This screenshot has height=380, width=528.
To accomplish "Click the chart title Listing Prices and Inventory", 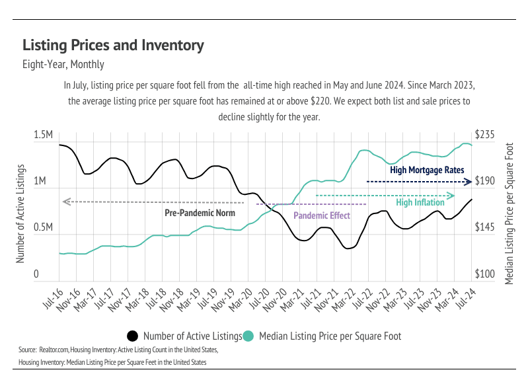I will (113, 46).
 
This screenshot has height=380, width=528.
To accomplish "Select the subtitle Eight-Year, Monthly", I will (63, 65).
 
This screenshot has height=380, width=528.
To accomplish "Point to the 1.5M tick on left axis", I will (43, 135).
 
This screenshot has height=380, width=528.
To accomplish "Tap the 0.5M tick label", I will (43, 228).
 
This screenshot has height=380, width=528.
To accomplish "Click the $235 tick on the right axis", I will (486, 135).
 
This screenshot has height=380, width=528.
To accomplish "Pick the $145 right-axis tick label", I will (486, 228).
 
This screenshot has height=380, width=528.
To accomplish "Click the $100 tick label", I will (486, 274).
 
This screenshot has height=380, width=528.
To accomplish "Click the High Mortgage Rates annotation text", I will (427, 170).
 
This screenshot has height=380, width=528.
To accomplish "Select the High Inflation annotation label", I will (420, 203).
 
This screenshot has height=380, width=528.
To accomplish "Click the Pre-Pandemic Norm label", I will (200, 213).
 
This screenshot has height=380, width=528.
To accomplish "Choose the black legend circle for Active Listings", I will (132, 336).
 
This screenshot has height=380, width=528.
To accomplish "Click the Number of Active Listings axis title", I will (20, 206).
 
